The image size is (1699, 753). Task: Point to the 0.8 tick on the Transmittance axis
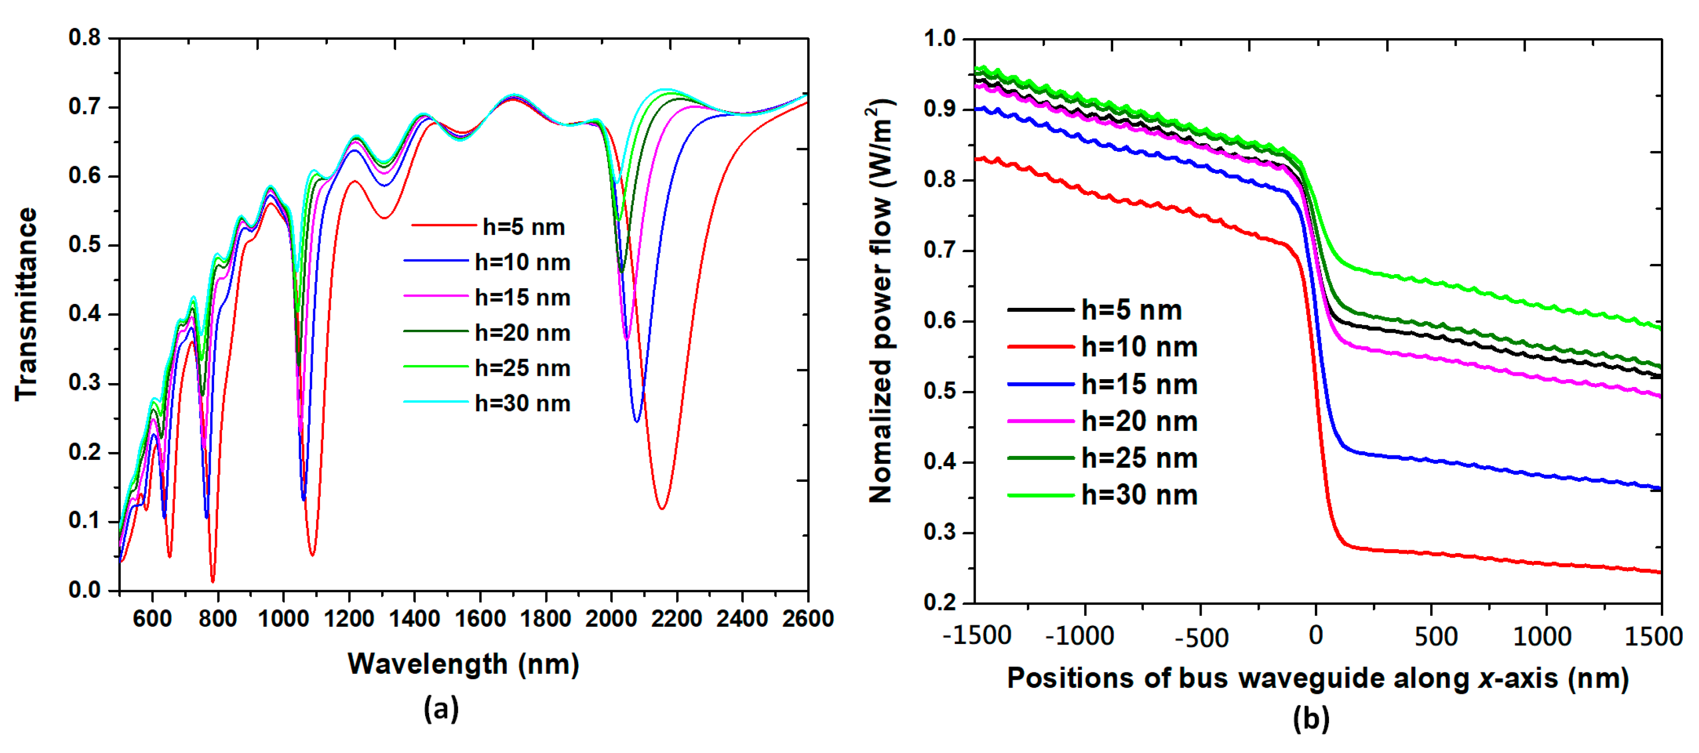click(x=85, y=38)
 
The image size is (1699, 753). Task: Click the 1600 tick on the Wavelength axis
click(x=480, y=619)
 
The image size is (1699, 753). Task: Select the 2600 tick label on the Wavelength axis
click(x=807, y=619)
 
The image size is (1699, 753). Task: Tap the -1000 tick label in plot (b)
click(x=1080, y=636)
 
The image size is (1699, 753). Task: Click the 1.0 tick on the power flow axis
click(x=939, y=38)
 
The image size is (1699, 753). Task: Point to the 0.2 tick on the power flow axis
click(x=939, y=602)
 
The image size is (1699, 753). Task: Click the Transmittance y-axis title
click(x=26, y=304)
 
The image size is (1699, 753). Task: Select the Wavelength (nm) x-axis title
click(x=463, y=664)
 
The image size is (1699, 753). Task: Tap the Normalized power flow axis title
click(x=881, y=302)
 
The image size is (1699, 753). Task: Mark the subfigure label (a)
click(x=441, y=709)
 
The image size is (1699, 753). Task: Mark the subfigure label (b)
click(x=1311, y=718)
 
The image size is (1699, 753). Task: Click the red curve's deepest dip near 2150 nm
click(x=662, y=508)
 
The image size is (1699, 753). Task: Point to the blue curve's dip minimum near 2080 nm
click(x=637, y=421)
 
